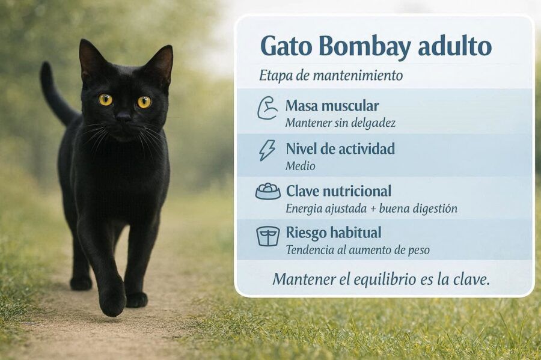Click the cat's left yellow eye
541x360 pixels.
pos(106,100)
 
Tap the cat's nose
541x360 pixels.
pos(123,117)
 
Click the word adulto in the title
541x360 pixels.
pos(454,46)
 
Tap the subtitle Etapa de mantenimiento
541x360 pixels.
pos(331,75)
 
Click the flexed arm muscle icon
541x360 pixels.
pos(267,108)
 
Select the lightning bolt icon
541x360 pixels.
pos(267,150)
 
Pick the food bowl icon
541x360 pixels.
pos(267,191)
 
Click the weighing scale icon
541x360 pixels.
pos(267,236)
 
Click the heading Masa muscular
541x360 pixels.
pos(332,106)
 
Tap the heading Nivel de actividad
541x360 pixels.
pos(340,148)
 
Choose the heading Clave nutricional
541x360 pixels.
pos(338,191)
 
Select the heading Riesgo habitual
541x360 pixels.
pos(333,233)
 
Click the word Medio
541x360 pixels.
pos(300,166)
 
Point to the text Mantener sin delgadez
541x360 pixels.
pos(340,123)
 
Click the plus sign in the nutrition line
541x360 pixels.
pos(373,209)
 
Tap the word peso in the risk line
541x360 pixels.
pos(418,251)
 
